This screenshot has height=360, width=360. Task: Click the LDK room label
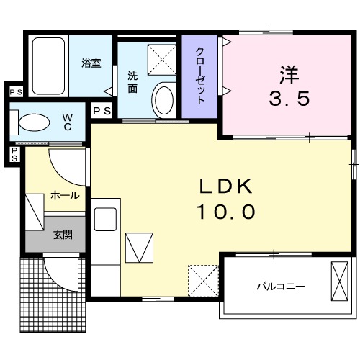coord(226,186)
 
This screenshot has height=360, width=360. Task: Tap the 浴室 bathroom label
coord(91,62)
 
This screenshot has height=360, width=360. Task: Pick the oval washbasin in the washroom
coord(164,100)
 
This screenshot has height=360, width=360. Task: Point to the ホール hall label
coord(65,195)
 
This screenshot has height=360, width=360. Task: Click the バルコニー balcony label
coord(281,286)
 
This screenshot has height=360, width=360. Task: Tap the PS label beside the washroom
coord(102,110)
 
